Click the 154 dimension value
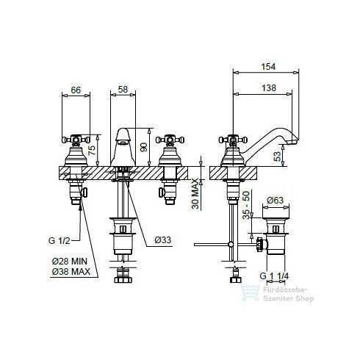click(268, 67)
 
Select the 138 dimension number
click(269, 88)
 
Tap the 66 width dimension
click(76, 90)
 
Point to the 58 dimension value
click(123, 90)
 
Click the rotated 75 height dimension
click(92, 150)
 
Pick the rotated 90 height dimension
click(144, 147)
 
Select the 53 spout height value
click(277, 156)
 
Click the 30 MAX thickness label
click(195, 193)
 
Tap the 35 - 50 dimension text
click(246, 205)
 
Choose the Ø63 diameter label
click(275, 201)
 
